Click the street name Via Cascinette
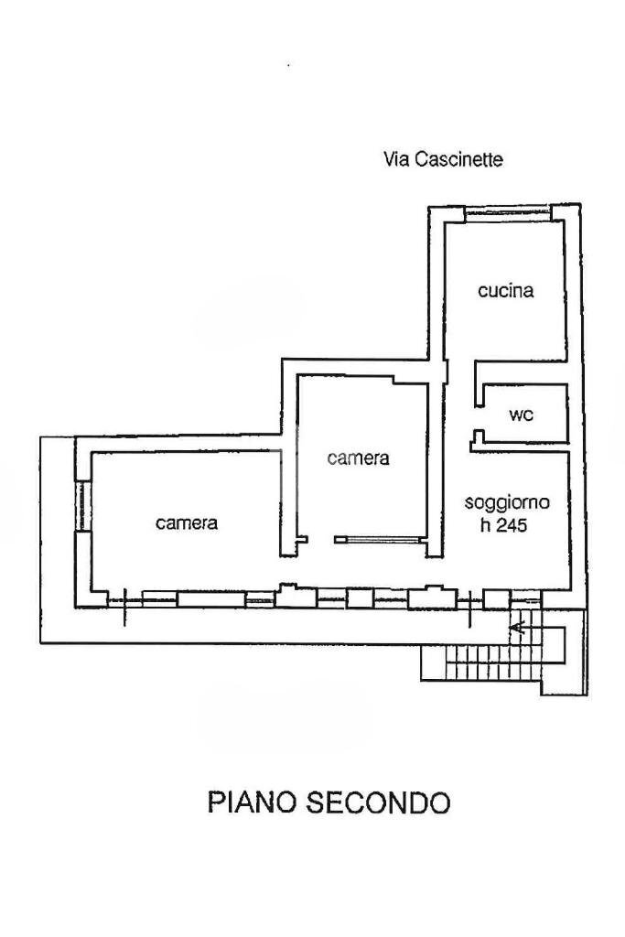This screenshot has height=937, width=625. point(442,160)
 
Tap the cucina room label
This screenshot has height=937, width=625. point(505,292)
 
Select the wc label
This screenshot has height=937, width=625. point(521,415)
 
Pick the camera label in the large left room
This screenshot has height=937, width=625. point(187,523)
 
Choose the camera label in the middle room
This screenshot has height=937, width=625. point(359,458)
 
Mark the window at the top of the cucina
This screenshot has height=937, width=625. point(507,215)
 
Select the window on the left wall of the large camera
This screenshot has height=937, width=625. point(81,504)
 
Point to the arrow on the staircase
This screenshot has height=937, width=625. point(518,628)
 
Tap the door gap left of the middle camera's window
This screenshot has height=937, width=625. point(320,541)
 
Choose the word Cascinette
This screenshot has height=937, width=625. point(458,160)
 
